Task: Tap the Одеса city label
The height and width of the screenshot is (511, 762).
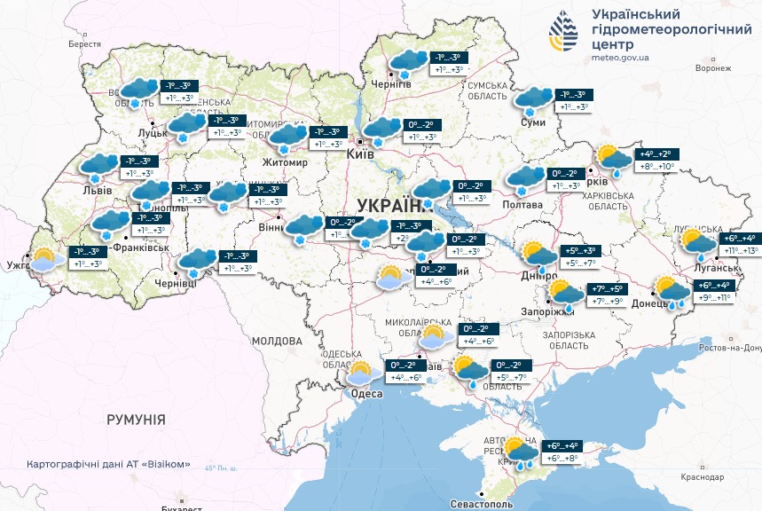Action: (366, 394)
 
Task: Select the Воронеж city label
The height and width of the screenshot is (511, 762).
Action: (713, 68)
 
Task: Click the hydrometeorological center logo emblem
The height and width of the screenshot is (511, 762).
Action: (562, 34)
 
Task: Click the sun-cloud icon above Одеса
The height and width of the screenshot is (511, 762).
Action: (361, 372)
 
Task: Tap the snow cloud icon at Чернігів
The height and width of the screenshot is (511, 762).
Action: (408, 63)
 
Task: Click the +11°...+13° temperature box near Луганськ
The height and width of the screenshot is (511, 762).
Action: (737, 251)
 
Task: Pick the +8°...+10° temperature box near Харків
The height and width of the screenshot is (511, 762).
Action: (653, 166)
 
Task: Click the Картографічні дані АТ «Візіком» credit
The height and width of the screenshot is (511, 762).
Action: (108, 464)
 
